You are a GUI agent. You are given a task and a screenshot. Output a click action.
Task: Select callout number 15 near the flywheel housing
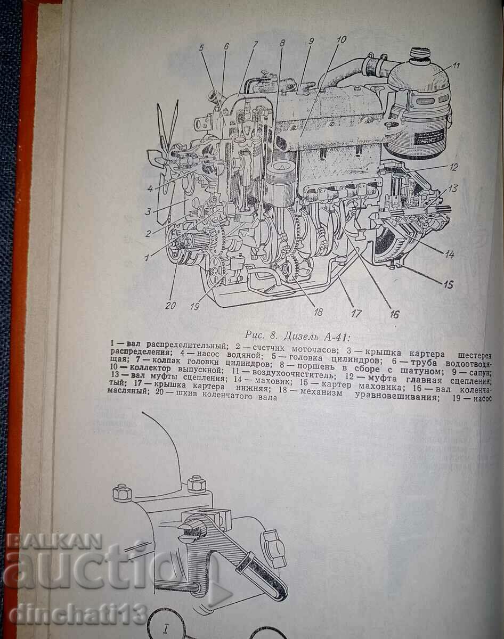coord(449,284)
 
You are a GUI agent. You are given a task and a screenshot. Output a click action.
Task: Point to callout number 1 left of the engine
coord(145,257)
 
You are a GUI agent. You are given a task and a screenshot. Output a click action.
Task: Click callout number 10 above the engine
coord(342,39)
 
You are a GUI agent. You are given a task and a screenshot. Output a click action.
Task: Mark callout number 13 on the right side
coord(453,189)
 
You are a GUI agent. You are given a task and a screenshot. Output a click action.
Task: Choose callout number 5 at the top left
coord(202,47)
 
